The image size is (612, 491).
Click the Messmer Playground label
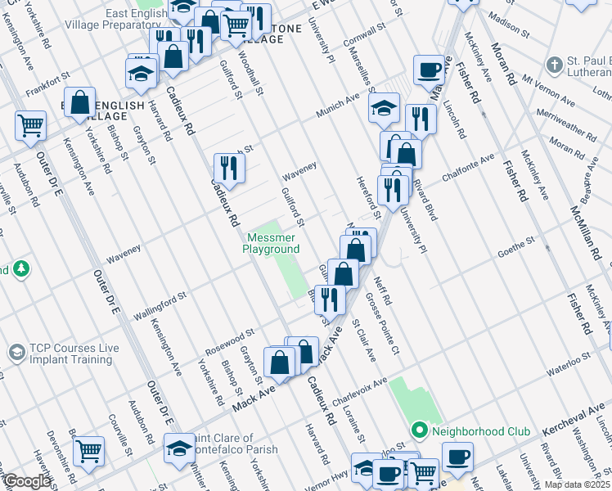tap(273, 243)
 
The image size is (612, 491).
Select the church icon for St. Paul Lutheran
tap(554, 64)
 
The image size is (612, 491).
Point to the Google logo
tap(26, 482)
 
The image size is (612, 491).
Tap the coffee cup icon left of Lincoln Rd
tap(428, 71)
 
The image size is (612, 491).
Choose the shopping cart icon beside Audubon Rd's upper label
tap(30, 126)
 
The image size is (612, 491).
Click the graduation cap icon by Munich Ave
tap(384, 107)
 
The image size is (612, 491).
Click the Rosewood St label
tap(230, 337)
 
